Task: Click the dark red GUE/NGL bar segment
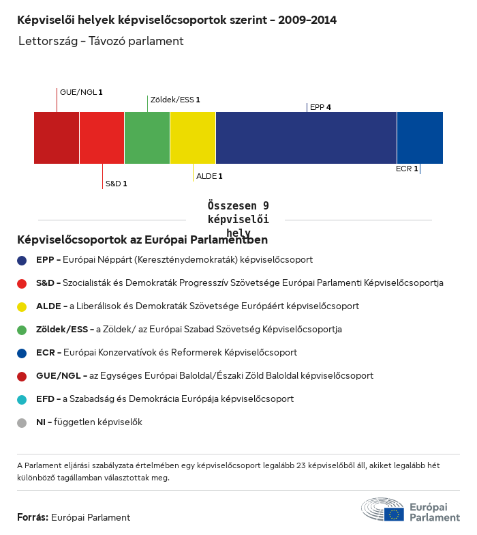[57, 138]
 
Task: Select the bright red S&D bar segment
[102, 138]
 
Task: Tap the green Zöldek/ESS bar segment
[147, 138]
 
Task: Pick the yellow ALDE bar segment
[193, 138]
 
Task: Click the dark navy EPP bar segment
[306, 138]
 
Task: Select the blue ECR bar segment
[420, 138]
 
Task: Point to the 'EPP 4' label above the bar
[320, 107]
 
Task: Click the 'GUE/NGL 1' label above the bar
[81, 91]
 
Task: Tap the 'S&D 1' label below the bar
[116, 184]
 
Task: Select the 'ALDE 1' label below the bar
[209, 176]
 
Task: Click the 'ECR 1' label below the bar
[407, 168]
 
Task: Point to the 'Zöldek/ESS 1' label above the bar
[175, 100]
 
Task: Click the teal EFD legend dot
[22, 399]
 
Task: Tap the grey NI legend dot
[22, 422]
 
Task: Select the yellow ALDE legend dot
[22, 306]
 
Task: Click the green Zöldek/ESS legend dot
[22, 330]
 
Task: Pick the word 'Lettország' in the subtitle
[44, 41]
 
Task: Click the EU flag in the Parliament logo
[393, 514]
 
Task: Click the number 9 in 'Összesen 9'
[265, 205]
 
